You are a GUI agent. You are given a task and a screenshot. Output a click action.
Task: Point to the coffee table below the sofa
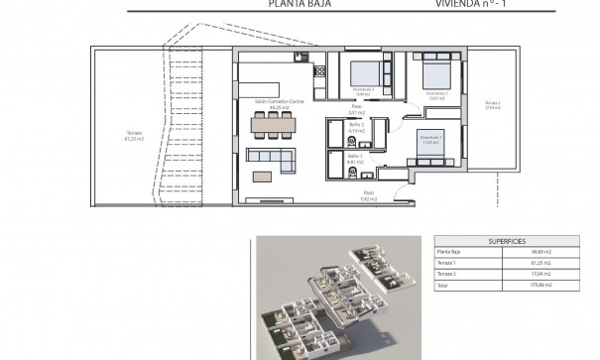(265, 177)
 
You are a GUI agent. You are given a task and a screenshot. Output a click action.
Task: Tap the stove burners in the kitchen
(320, 70)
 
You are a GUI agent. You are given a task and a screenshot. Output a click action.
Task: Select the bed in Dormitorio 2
(437, 74)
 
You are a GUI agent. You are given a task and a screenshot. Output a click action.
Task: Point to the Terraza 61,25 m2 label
(135, 136)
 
